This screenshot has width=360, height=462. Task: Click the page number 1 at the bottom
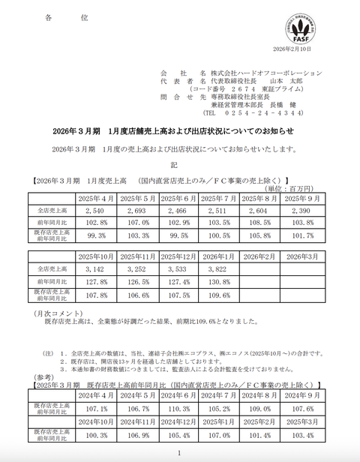(179, 454)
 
